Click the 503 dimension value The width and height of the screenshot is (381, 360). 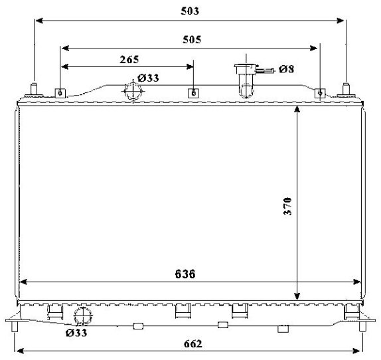(x=190, y=11)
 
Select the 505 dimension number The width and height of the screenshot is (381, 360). (x=192, y=40)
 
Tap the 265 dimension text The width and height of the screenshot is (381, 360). (x=129, y=60)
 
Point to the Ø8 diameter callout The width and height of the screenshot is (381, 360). (x=287, y=69)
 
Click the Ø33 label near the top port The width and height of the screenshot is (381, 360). (x=148, y=78)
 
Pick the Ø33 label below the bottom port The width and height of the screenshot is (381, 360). (x=76, y=333)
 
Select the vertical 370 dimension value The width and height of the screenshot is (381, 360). (x=287, y=207)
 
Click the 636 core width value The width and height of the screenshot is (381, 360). (x=185, y=274)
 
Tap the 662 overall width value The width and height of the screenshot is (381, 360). (x=193, y=344)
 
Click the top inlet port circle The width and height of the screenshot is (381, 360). (x=133, y=92)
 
